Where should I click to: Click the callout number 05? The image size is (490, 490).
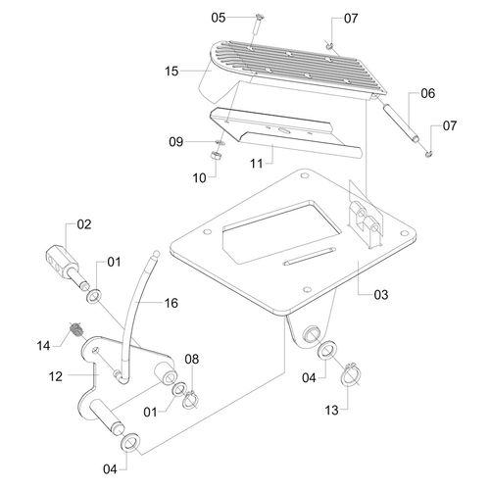click(219, 18)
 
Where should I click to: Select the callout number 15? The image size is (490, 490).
click(171, 71)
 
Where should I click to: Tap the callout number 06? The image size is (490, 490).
click(428, 93)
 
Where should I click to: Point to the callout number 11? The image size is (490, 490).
click(256, 163)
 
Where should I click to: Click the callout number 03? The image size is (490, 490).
click(381, 295)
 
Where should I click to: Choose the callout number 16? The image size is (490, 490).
click(171, 303)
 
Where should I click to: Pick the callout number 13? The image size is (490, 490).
click(331, 411)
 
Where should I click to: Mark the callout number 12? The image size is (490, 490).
click(56, 376)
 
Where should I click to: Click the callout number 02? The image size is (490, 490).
click(84, 224)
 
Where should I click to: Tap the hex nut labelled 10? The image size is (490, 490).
click(216, 155)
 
